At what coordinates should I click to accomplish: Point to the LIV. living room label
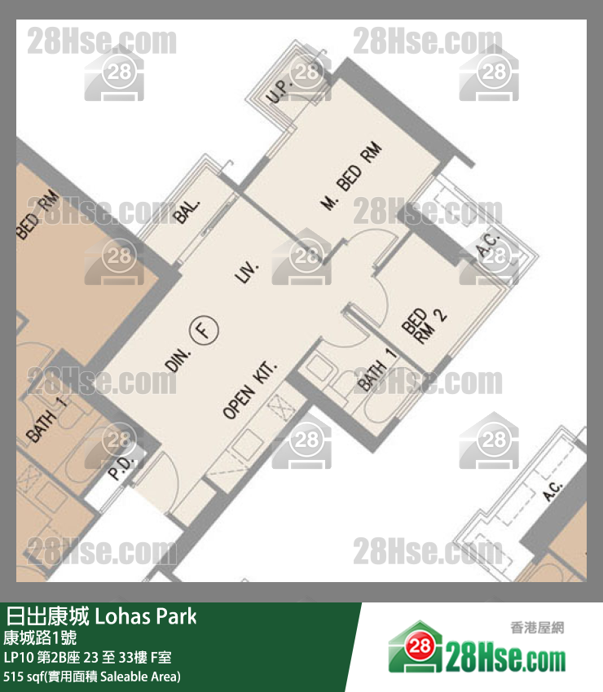point(246,273)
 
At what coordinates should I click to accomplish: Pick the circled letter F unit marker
point(205,330)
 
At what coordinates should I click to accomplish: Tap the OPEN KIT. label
point(250,391)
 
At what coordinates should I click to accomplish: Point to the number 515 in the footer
point(15,676)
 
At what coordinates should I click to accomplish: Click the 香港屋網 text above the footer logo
point(536,628)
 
